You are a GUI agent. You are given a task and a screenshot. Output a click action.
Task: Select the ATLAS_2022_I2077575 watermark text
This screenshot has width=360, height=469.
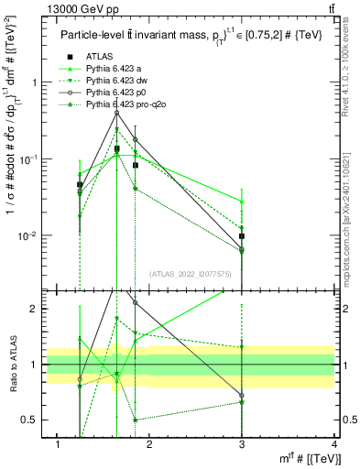click(x=191, y=274)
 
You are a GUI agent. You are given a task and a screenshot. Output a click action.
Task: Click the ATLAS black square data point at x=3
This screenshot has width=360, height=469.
click(x=242, y=236)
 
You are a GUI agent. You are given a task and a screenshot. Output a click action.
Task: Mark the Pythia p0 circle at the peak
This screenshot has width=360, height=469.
click(x=116, y=113)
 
